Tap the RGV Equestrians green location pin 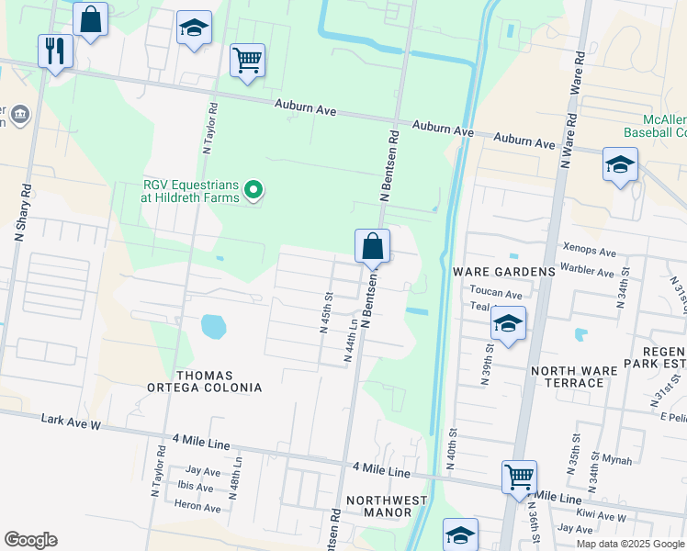click(x=254, y=191)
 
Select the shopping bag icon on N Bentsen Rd click(x=372, y=246)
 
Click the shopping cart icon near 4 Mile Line click(x=519, y=478)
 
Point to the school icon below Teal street click(x=507, y=324)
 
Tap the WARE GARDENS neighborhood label click(x=504, y=272)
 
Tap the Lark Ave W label click(x=71, y=420)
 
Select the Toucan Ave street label click(x=495, y=295)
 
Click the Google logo click(x=30, y=540)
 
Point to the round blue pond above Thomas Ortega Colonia click(x=212, y=326)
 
